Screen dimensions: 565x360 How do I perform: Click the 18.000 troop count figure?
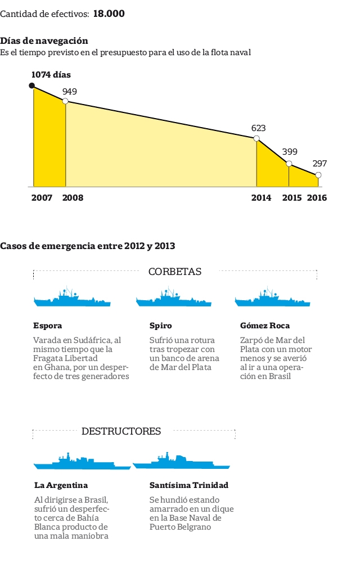pyautogui.click(x=109, y=13)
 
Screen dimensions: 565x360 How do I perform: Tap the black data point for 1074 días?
pyautogui.click(x=32, y=85)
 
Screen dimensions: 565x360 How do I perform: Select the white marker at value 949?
pyautogui.click(x=65, y=101)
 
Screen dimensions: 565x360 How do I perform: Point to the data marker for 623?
pyautogui.click(x=256, y=138)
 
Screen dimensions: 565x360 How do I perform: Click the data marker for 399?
pyautogui.click(x=289, y=164)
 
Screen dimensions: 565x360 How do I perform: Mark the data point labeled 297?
pyautogui.click(x=318, y=175)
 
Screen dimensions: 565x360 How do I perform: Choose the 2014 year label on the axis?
pyautogui.click(x=261, y=198)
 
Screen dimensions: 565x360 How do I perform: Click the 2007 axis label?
pyautogui.click(x=42, y=198)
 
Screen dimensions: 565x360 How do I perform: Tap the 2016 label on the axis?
pyautogui.click(x=317, y=198)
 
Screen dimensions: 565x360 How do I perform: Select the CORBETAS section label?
pyautogui.click(x=175, y=272)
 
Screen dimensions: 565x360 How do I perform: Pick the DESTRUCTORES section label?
pyautogui.click(x=121, y=432)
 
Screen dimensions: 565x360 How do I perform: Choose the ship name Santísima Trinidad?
pyautogui.click(x=189, y=485)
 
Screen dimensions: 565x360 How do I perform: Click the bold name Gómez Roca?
pyautogui.click(x=265, y=326)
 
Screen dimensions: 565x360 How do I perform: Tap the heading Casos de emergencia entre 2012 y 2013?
pyautogui.click(x=88, y=246)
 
